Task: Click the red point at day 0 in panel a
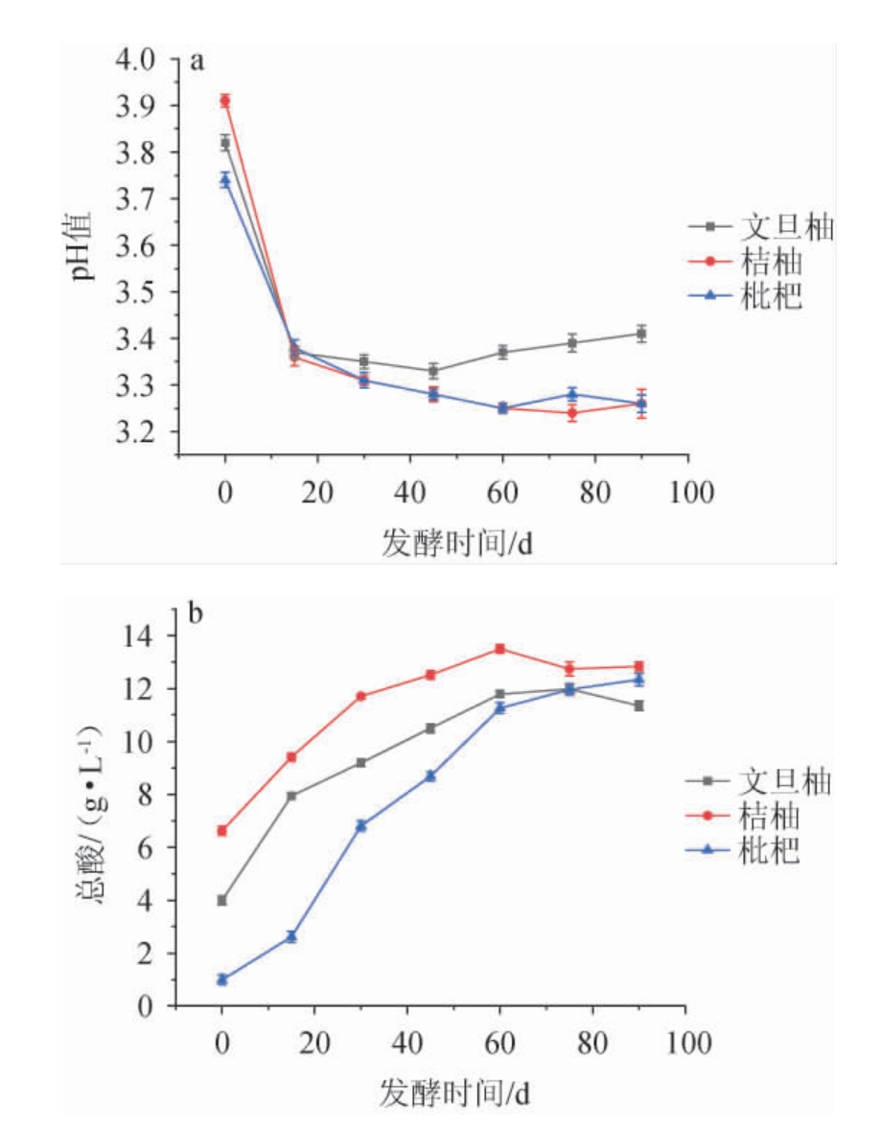pos(225,100)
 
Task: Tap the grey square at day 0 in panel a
pos(225,143)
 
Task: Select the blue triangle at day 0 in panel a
pos(225,179)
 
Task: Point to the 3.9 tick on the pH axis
pos(139,105)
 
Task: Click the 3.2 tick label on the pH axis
pos(139,432)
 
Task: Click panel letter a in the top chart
pos(197,63)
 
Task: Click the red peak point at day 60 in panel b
pos(499,649)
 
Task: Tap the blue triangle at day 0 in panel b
pos(222,979)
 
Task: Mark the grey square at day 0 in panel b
pos(222,900)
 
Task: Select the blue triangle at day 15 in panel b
pos(291,936)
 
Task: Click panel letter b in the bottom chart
pos(196,612)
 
